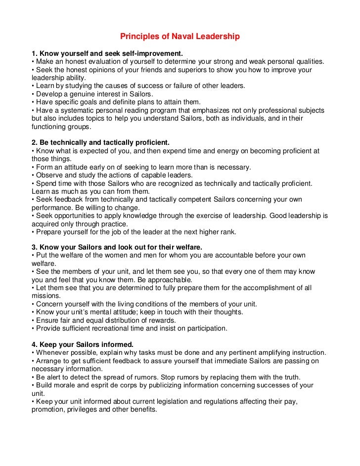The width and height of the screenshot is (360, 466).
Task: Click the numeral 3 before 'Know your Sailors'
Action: coord(34,247)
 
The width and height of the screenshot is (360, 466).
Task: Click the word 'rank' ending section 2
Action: coord(228,232)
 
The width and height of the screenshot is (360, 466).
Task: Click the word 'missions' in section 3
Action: coord(45,296)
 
